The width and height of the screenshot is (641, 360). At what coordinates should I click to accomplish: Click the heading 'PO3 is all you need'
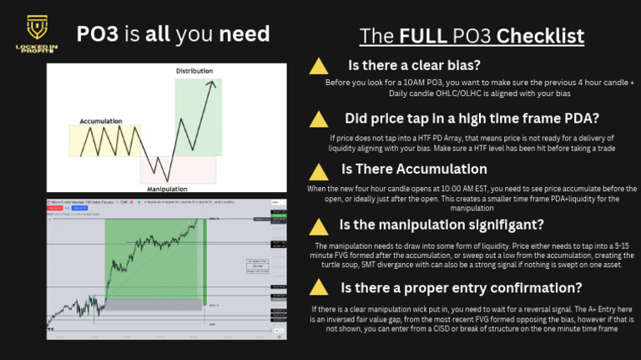point(173,34)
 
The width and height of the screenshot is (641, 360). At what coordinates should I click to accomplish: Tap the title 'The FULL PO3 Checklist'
point(472,37)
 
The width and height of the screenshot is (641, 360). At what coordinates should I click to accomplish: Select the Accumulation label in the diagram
point(101,122)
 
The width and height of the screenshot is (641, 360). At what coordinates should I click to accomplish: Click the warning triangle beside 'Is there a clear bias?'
point(318,66)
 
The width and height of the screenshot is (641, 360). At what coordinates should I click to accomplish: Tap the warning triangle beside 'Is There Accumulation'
point(318,172)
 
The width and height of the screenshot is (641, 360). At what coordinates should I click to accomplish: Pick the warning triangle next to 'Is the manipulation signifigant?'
point(318,226)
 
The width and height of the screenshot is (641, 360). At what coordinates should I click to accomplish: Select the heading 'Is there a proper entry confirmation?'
point(462,288)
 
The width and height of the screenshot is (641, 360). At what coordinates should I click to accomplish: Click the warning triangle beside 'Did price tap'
point(318,119)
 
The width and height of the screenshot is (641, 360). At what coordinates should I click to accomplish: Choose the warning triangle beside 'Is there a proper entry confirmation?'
point(318,288)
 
